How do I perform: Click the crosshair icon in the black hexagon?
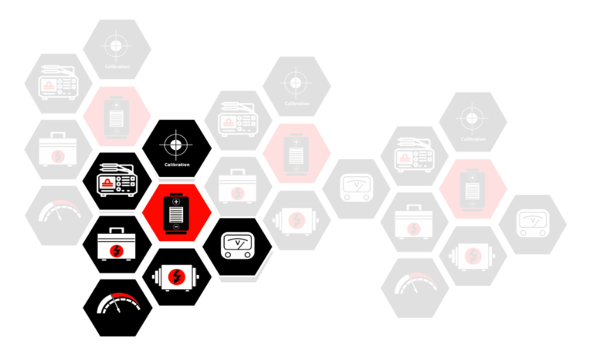tap(176, 144)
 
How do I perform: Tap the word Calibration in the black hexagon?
tap(177, 165)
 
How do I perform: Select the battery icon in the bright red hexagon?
tap(176, 213)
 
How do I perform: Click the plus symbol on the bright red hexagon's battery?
tap(176, 202)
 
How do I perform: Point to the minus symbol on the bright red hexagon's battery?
tap(176, 226)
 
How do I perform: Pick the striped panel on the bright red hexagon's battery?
tap(176, 214)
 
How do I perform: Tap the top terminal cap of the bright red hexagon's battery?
tap(176, 194)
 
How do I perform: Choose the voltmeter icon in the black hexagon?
tap(238, 246)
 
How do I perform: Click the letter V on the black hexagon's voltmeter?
tap(237, 242)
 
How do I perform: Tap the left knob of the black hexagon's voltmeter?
tap(228, 255)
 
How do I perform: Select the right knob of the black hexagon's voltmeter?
tap(247, 255)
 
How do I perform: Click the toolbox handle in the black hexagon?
tap(117, 230)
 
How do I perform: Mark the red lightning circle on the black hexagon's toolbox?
tap(117, 250)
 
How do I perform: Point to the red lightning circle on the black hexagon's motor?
tap(176, 277)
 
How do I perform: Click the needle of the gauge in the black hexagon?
tap(116, 304)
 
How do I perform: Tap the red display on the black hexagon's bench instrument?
tap(107, 183)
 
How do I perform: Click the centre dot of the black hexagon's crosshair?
tap(176, 144)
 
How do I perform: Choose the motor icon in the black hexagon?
tap(176, 277)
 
